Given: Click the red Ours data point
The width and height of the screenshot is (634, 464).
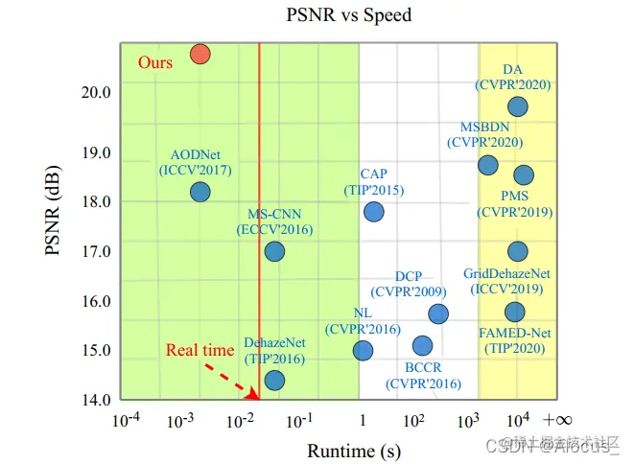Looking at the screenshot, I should pyautogui.click(x=200, y=54).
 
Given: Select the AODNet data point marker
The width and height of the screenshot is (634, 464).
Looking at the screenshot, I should pyautogui.click(x=200, y=192).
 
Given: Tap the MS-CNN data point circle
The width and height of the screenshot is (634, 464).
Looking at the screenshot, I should pyautogui.click(x=274, y=251).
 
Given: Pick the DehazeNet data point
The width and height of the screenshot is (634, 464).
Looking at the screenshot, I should pyautogui.click(x=274, y=381).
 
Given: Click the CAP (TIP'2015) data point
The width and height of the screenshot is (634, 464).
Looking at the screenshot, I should pyautogui.click(x=374, y=212).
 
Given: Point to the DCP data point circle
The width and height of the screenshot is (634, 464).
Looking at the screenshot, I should pyautogui.click(x=438, y=313).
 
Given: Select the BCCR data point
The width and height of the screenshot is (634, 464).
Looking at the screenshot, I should pyautogui.click(x=422, y=345).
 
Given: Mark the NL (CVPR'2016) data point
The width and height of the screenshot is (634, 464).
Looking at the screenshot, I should pyautogui.click(x=363, y=350).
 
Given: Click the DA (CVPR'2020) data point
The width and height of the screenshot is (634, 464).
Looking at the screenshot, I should pyautogui.click(x=518, y=106).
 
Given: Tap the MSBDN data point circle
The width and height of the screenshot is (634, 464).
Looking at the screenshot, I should pyautogui.click(x=488, y=165).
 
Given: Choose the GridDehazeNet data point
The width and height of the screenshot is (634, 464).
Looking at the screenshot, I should pyautogui.click(x=518, y=251).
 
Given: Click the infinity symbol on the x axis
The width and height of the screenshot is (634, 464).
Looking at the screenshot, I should pyautogui.click(x=557, y=420).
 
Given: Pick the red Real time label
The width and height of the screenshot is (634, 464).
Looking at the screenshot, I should pyautogui.click(x=200, y=350).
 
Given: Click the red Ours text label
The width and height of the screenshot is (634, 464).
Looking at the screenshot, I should pyautogui.click(x=155, y=62).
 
